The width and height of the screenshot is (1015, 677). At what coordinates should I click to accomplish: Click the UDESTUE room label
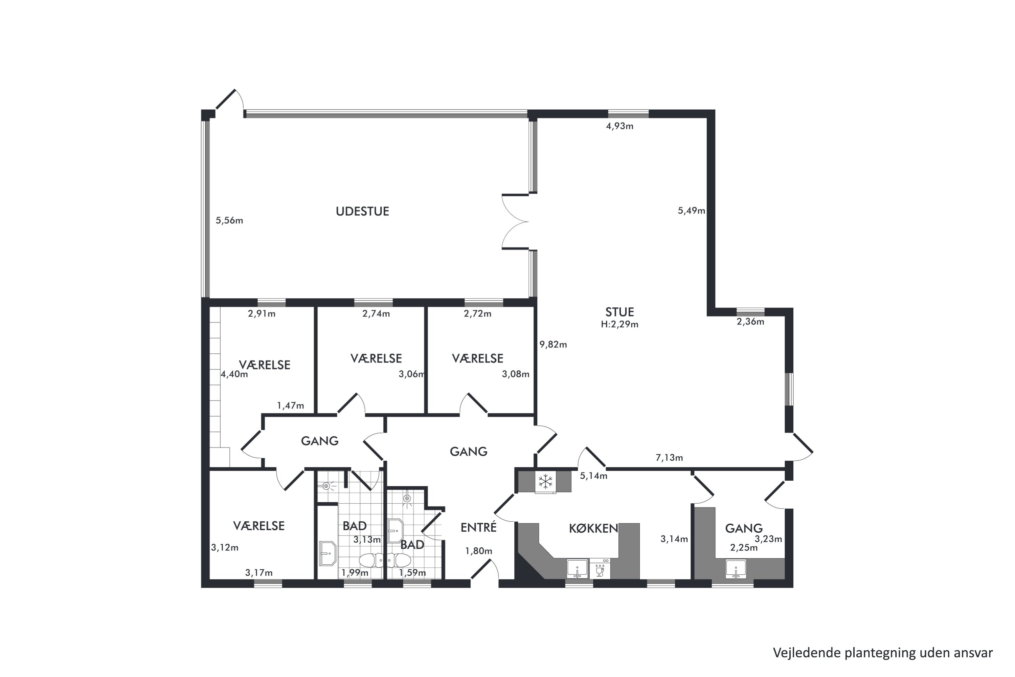tap(362, 211)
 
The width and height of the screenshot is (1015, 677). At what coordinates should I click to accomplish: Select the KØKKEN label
tap(593, 528)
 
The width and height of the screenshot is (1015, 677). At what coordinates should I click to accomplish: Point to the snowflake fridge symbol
tap(545, 481)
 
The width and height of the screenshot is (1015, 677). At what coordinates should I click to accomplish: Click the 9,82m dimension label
tap(553, 345)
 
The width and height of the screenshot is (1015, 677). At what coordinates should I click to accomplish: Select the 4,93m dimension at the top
tap(620, 126)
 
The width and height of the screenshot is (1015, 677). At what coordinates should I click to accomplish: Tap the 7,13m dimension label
tap(669, 457)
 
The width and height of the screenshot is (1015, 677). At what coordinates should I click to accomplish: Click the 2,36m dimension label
tap(750, 322)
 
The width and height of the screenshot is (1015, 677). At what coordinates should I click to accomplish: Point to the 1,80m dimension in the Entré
tap(479, 551)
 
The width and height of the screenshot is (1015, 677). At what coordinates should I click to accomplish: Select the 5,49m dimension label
tap(691, 211)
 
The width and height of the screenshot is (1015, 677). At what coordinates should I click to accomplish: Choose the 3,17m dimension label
tap(259, 573)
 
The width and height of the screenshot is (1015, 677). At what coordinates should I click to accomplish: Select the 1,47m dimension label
tap(290, 406)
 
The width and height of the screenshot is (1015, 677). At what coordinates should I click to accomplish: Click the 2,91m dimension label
tap(262, 314)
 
